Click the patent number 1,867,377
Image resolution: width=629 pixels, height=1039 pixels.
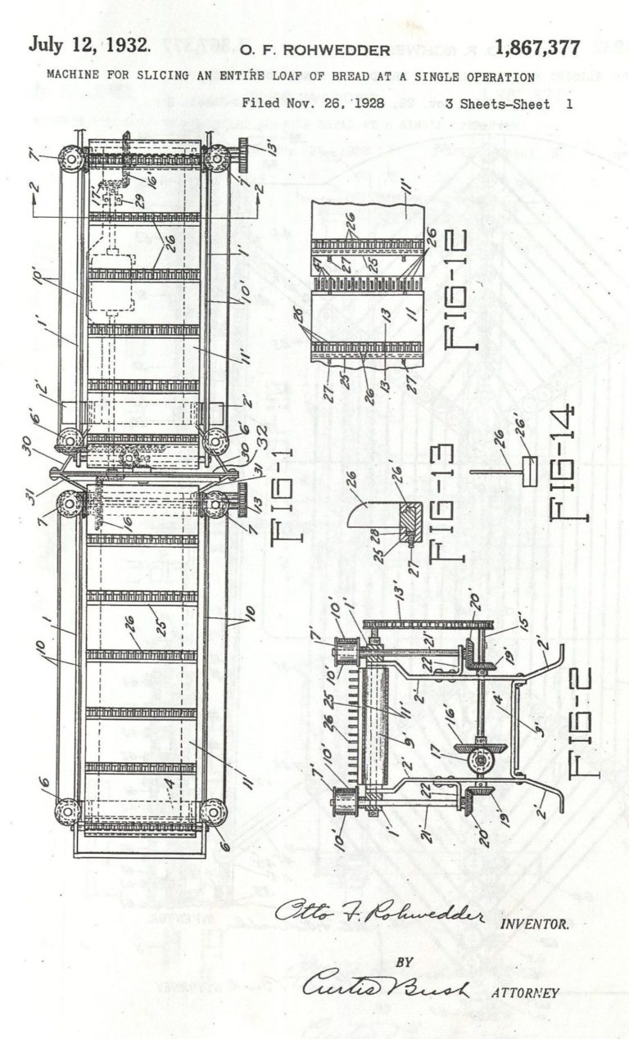coord(537,47)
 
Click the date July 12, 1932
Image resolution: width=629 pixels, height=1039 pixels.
coord(89,45)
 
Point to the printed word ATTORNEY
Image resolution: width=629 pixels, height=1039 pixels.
coord(525,993)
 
